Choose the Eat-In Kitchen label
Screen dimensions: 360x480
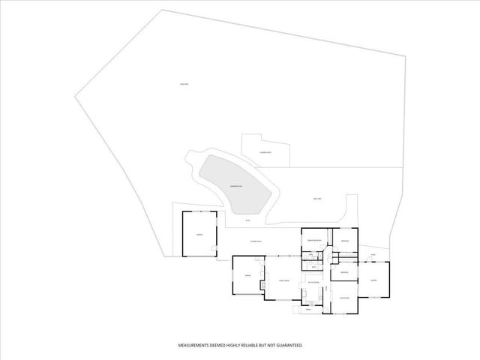coord(313,282)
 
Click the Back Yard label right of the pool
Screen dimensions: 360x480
coord(317,198)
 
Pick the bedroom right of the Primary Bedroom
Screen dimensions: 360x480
coord(344,240)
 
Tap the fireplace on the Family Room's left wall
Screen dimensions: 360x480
coord(262,285)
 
